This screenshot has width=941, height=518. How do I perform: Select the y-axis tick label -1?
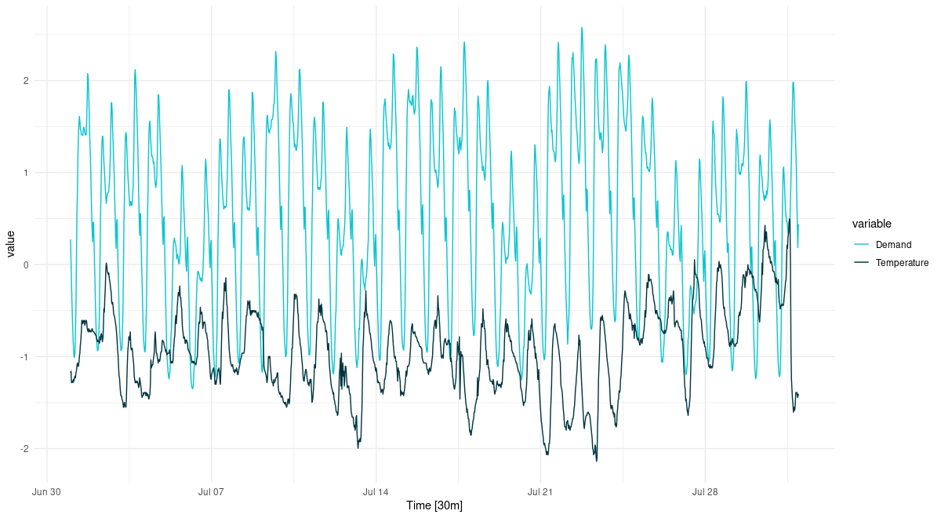[x=24, y=356]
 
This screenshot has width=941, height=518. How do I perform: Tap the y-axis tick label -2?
[x=24, y=448]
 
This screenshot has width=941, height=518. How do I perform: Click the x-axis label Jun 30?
[x=47, y=492]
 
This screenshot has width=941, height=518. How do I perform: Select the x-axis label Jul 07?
[x=212, y=492]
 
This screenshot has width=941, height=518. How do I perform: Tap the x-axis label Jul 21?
[x=540, y=492]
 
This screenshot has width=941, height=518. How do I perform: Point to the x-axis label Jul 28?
[x=705, y=492]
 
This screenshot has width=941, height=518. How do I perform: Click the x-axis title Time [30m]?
[x=434, y=506]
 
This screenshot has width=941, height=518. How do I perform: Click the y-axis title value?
[x=10, y=244]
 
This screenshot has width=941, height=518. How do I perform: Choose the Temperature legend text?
[x=902, y=263]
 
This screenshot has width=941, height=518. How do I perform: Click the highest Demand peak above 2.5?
[x=582, y=27]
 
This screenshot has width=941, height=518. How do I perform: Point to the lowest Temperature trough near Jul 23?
[x=596, y=461]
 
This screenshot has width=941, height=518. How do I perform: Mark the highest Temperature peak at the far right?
[x=789, y=220]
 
